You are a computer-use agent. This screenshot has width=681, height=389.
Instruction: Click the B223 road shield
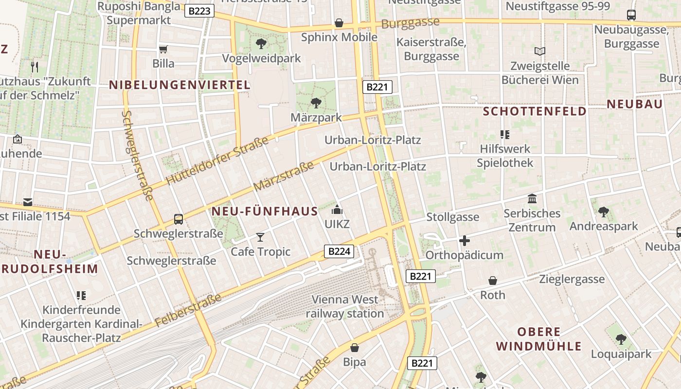pyautogui.click(x=199, y=11)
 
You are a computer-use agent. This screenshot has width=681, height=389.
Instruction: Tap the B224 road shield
pyautogui.click(x=339, y=251)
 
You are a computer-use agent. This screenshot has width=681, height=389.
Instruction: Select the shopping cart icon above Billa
pyautogui.click(x=163, y=49)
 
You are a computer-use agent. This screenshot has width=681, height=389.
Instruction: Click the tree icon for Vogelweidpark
pyautogui.click(x=261, y=44)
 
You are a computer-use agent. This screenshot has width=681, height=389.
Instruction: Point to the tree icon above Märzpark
pyautogui.click(x=316, y=103)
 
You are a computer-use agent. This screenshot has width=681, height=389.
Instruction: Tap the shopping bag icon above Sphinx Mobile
pyautogui.click(x=339, y=23)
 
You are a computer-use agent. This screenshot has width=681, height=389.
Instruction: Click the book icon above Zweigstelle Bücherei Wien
pyautogui.click(x=539, y=51)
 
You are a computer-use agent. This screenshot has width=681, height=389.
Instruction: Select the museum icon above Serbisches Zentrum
pyautogui.click(x=532, y=199)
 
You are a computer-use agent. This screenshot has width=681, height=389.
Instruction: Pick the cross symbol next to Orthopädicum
pyautogui.click(x=465, y=241)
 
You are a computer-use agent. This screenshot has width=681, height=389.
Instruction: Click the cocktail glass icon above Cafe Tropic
pyautogui.click(x=260, y=237)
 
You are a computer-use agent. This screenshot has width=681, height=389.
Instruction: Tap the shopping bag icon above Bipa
pyautogui.click(x=355, y=348)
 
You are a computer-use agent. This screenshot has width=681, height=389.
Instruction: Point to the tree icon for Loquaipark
pyautogui.click(x=621, y=339)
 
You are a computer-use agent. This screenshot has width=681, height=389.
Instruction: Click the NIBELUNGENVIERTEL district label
pyautogui.click(x=179, y=85)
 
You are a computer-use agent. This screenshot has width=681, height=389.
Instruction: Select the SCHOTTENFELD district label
pyautogui.click(x=535, y=111)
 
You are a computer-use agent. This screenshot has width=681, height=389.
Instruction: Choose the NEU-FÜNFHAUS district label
pyautogui.click(x=265, y=212)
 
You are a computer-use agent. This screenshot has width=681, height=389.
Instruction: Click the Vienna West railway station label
pyautogui.click(x=345, y=306)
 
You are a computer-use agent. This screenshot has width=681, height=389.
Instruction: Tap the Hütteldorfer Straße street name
pyautogui.click(x=217, y=161)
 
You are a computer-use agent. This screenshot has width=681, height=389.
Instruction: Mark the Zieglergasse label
pyautogui.click(x=572, y=279)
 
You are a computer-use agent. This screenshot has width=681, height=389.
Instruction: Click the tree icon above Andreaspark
pyautogui.click(x=604, y=212)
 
